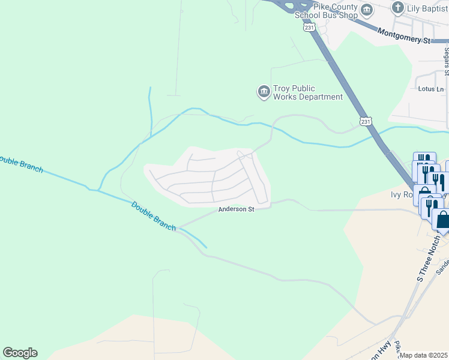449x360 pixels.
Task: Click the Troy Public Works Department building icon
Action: tap(264, 92)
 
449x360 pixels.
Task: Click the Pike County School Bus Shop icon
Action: tap(366, 10)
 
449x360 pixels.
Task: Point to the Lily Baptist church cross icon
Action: tap(397, 8)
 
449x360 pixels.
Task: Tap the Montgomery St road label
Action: tap(404, 37)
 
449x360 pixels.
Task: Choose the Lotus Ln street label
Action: tap(430, 89)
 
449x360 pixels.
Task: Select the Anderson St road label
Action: tap(237, 209)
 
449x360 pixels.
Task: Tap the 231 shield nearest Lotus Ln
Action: tap(366, 122)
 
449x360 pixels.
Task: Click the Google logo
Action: tap(20, 353)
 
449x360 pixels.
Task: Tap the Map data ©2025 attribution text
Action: tap(423, 355)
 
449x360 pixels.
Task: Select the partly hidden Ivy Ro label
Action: tap(398, 195)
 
